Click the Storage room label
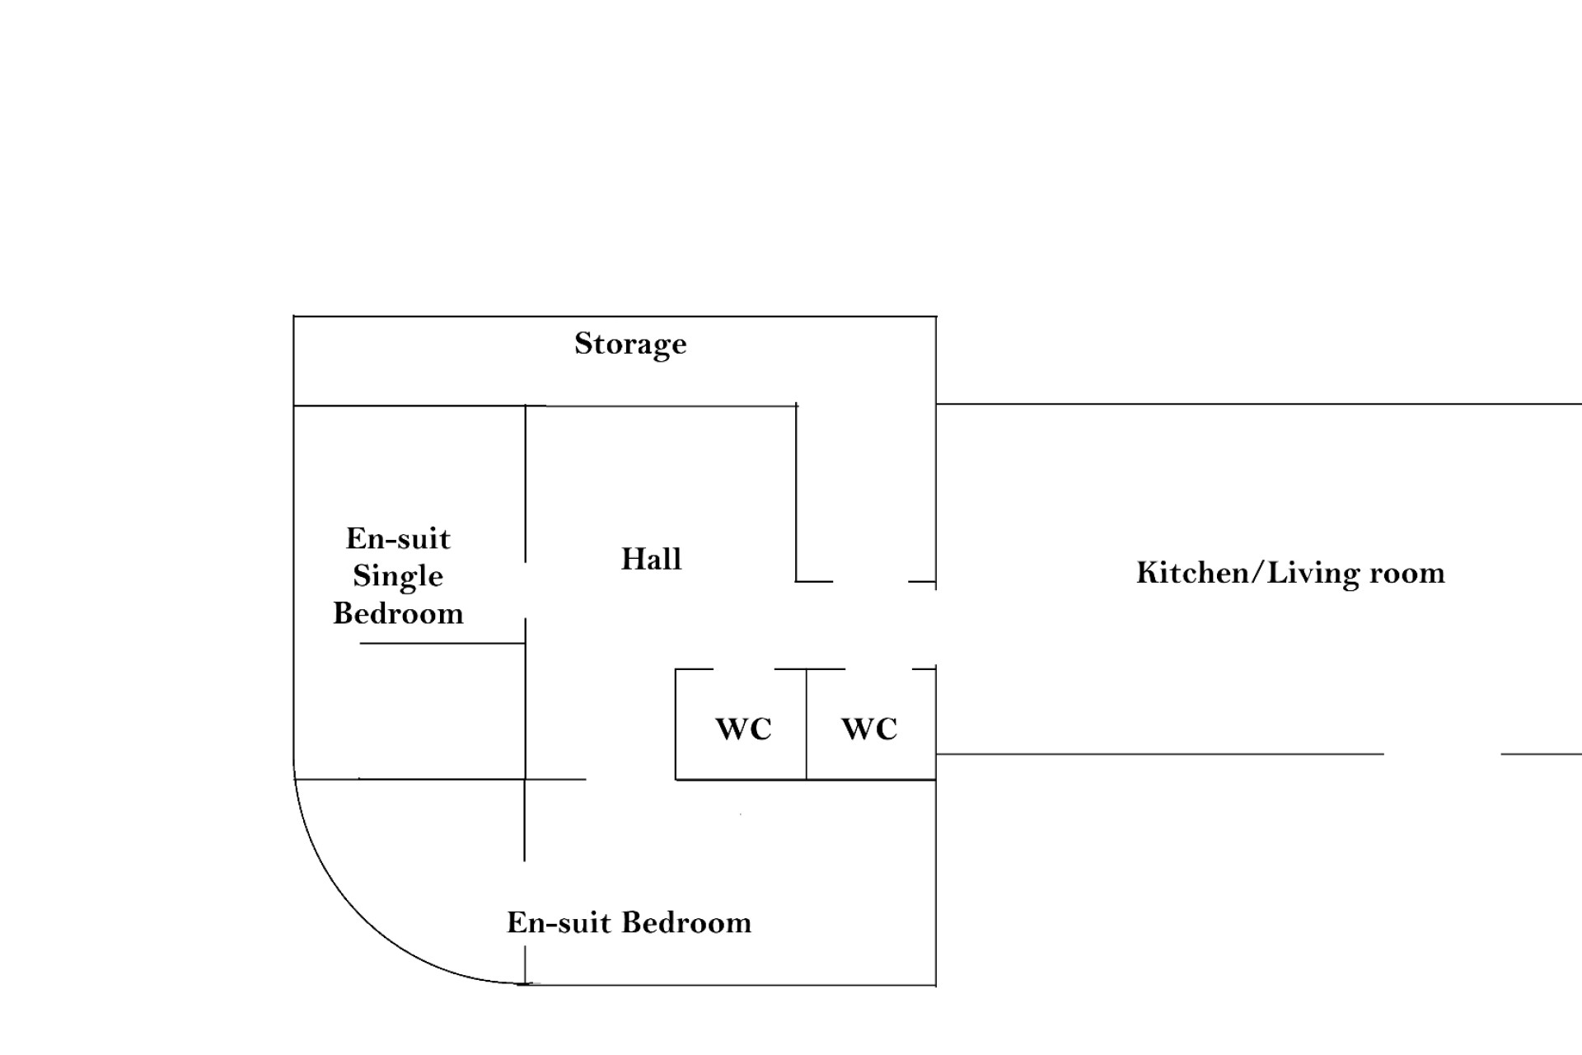pos(630,345)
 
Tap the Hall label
pos(651,559)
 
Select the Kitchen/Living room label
pos(1290,573)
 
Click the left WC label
pos(743,729)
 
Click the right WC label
pos(869,729)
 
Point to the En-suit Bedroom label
pos(629,922)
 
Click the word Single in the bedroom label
pos(398,577)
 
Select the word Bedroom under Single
pos(398,613)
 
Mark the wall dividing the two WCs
pos(807,724)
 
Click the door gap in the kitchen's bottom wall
pos(1442,753)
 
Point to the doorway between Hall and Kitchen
pos(936,627)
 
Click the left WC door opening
pos(744,669)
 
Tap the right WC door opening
pos(879,669)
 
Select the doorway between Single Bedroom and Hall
pos(526,590)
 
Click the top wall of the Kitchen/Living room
pos(1259,404)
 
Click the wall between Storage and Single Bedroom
pos(410,406)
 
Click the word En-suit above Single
pos(398,539)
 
